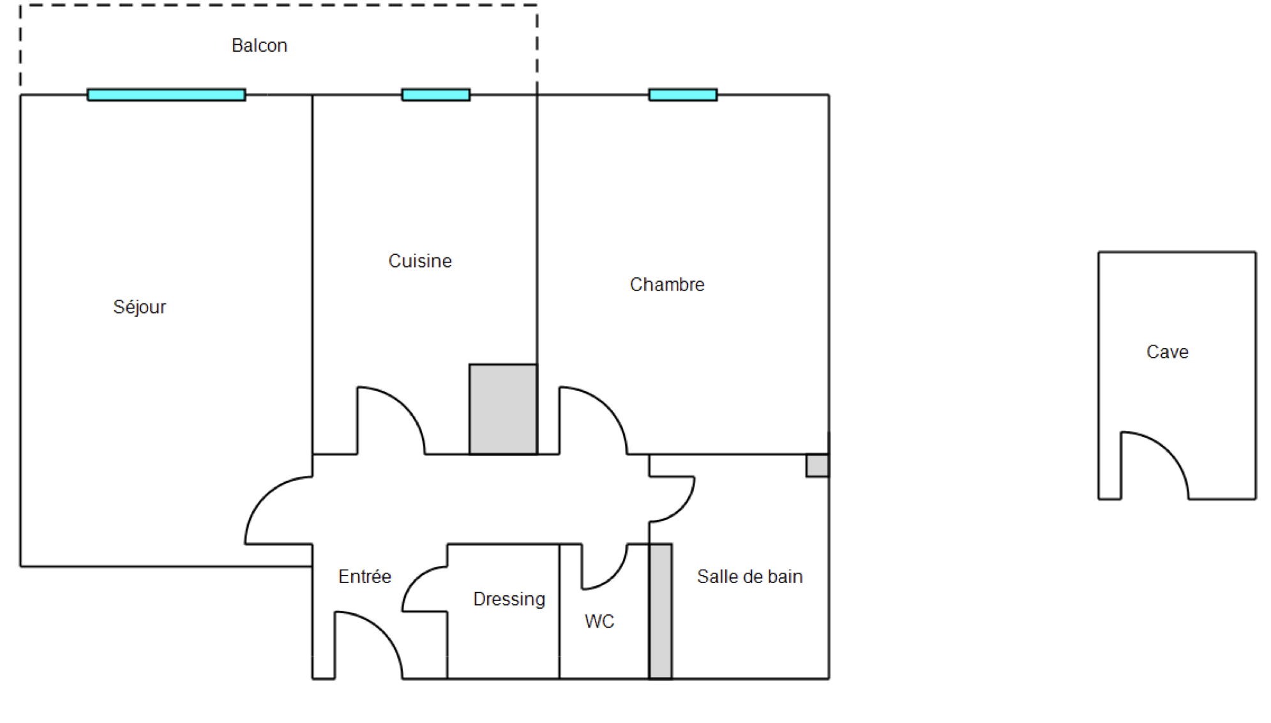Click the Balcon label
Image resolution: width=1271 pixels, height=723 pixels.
click(x=259, y=45)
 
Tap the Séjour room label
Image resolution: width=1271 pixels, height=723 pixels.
click(x=139, y=307)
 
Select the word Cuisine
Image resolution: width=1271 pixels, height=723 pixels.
click(x=420, y=261)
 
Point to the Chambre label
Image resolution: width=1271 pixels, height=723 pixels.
click(x=667, y=284)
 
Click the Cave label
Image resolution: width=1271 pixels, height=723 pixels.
click(x=1167, y=352)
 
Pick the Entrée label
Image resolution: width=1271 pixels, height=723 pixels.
click(x=365, y=577)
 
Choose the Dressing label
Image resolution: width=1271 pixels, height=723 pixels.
click(x=509, y=599)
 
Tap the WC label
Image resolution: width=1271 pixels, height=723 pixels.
click(x=599, y=621)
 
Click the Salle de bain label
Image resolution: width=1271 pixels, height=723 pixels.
click(x=750, y=577)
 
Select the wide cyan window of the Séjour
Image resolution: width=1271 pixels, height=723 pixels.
click(x=166, y=95)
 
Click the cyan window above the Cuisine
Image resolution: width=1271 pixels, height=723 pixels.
click(x=436, y=95)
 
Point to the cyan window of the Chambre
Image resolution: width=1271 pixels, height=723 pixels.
click(x=683, y=95)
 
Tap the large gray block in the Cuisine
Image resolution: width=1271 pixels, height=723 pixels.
click(x=503, y=409)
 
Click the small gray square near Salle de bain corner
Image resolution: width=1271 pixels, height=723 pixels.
click(x=818, y=466)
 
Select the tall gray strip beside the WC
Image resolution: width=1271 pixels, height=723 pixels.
click(x=661, y=611)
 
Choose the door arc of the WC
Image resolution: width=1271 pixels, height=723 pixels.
click(x=614, y=576)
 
